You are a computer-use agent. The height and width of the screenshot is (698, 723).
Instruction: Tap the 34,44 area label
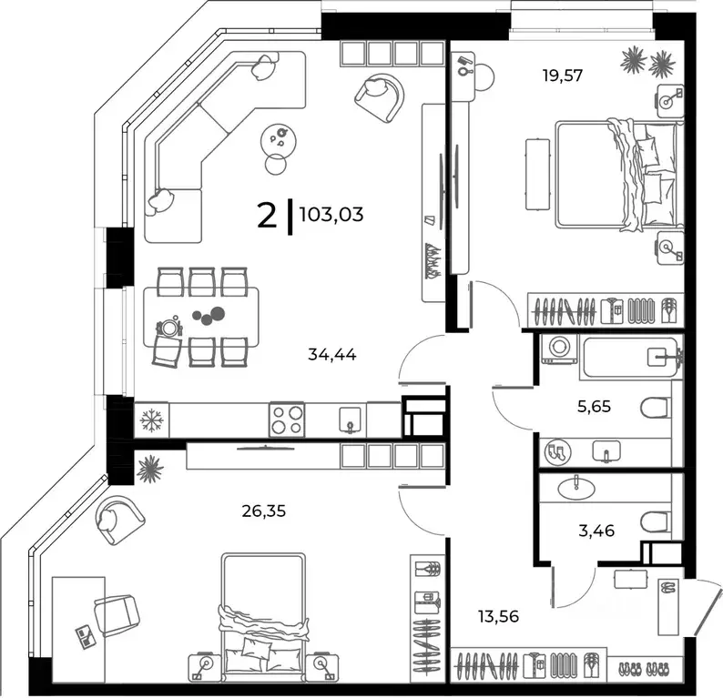coord(332,355)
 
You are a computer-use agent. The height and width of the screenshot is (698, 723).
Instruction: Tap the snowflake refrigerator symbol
coord(148,420)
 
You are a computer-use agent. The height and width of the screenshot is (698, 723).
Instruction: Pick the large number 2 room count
coord(267,216)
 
